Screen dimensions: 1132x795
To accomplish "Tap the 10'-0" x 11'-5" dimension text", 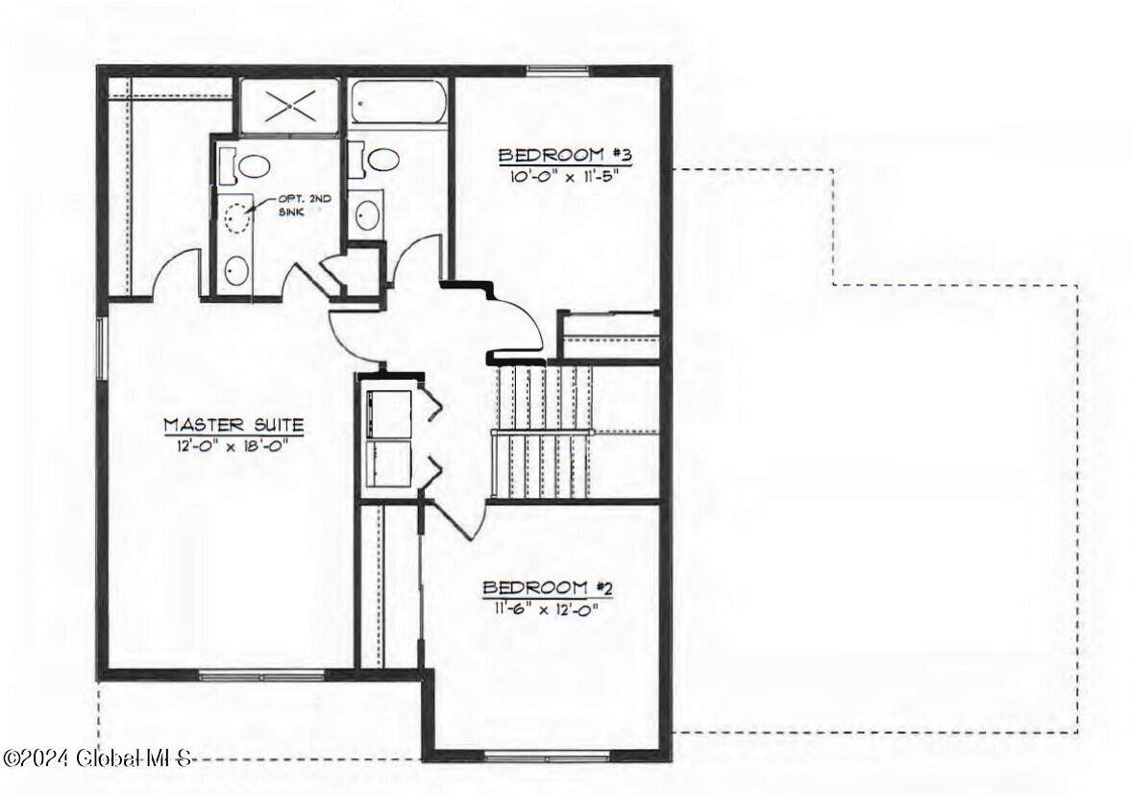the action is coord(565,176).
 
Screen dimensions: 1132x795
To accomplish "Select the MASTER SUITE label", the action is coord(234,425).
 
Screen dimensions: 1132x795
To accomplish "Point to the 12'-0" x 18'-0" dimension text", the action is coord(234,445).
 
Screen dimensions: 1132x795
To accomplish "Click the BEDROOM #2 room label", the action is coord(548,587).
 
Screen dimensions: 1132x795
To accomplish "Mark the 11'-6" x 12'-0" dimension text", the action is coord(548,609).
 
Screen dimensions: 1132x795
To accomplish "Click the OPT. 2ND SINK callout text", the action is coord(297,206).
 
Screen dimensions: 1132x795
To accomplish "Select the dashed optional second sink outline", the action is coord(237,216).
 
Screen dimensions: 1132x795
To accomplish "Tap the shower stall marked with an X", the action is coord(289,106).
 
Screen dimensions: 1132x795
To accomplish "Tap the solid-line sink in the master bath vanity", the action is coord(236,271).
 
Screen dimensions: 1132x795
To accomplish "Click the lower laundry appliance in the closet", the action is coord(389,464).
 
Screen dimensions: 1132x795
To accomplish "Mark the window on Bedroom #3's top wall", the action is coord(557,70).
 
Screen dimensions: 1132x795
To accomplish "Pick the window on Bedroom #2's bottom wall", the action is coord(547,758).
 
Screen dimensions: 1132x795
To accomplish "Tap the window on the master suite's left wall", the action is coord(103,348).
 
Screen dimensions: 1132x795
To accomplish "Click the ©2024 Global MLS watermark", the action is coord(97,758).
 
